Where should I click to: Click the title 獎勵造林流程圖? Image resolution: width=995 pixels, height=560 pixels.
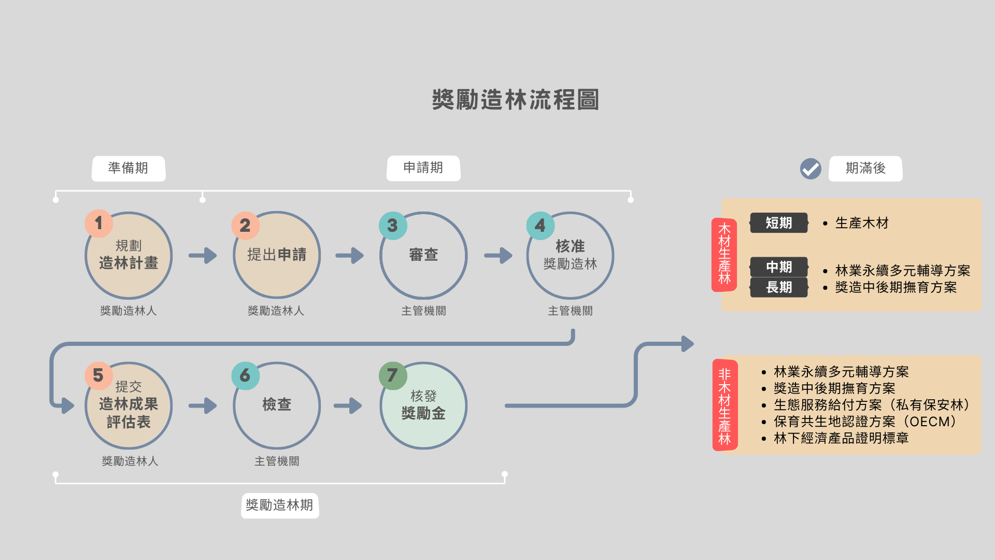(516, 100)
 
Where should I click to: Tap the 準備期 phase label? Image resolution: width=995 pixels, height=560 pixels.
(129, 169)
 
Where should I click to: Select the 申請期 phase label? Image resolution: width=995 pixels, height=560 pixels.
(423, 168)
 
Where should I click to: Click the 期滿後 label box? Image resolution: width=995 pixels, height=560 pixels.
(865, 169)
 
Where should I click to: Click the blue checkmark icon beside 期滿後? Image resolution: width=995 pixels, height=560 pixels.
(811, 169)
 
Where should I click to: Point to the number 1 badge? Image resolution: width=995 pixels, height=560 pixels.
(98, 223)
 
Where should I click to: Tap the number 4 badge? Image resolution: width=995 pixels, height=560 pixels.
(540, 226)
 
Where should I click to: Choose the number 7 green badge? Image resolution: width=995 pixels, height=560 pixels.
(393, 375)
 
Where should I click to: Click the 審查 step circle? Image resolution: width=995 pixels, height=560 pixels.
(423, 255)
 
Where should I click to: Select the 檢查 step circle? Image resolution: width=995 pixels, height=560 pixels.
(277, 405)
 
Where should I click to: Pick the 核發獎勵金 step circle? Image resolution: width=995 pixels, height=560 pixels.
(423, 405)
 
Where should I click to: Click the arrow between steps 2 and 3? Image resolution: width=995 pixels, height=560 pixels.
(350, 255)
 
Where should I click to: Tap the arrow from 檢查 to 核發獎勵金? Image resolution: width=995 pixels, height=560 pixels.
(348, 405)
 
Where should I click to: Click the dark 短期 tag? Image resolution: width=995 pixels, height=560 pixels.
(778, 223)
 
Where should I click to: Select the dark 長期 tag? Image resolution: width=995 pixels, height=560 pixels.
(778, 287)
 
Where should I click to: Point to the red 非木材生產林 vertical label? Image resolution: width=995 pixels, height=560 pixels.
(725, 405)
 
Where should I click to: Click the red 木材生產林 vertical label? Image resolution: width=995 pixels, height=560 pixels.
(724, 255)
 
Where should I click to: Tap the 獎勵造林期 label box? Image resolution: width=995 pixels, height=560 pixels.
(280, 506)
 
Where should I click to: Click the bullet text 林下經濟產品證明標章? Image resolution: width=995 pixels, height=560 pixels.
(841, 438)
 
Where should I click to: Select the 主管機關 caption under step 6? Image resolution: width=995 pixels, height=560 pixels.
(277, 461)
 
